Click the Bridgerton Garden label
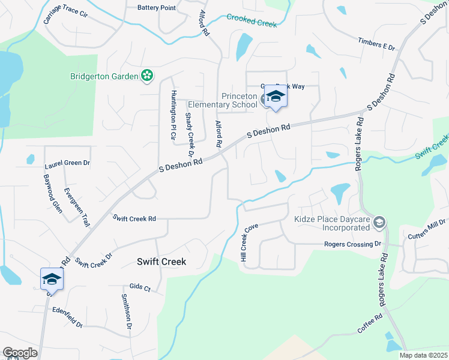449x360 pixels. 104,76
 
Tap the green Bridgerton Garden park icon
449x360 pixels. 146,76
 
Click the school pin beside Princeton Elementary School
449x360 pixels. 276,97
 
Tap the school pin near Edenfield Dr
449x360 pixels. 52,280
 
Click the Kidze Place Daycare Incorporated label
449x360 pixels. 331,223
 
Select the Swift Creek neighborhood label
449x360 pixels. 161,262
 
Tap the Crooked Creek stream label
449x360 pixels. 252,20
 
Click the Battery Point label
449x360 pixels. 157,8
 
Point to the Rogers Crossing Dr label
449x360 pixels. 353,244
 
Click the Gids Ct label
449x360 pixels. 140,287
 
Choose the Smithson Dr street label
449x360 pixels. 126,311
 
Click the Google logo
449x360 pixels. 20,353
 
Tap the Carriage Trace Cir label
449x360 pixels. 65,16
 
